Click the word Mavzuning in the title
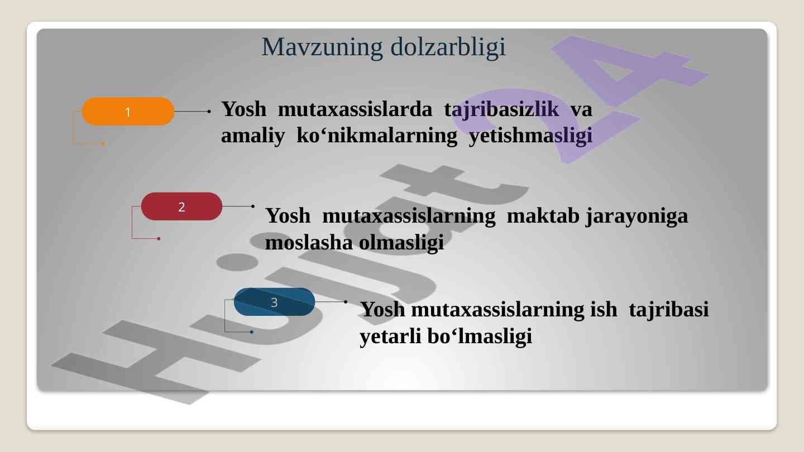pos(322,47)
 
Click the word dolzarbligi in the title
pos(448,47)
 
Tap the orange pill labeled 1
pos(128,112)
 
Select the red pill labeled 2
pos(181,206)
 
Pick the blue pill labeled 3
pos(274,302)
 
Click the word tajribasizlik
pos(501,109)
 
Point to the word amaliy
pos(253,136)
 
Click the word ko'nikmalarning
pos(377,136)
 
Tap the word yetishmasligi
pos(530,136)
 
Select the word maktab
pos(543,215)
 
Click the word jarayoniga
pos(637,217)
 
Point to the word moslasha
pos(309,242)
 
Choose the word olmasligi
pos(401,243)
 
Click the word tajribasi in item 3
pos(669,310)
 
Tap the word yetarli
pos(390,336)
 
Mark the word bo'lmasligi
pos(480,336)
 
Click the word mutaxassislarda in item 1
pos(355,109)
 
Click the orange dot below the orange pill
pos(103,144)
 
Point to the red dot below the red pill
pos(159,239)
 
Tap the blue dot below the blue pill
pos(252,332)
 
